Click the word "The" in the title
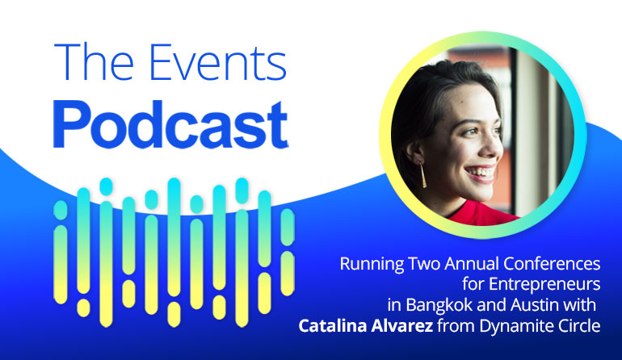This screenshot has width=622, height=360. (x=94, y=62)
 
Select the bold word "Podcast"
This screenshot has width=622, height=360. (x=170, y=125)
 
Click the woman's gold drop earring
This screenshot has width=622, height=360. (x=422, y=175)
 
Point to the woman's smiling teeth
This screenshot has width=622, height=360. (x=481, y=173)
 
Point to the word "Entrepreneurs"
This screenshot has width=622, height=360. (x=544, y=285)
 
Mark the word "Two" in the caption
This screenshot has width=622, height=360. (x=423, y=264)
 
